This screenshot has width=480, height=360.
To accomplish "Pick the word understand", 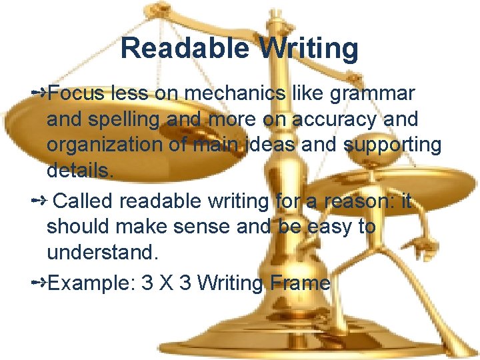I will point(102,253).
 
